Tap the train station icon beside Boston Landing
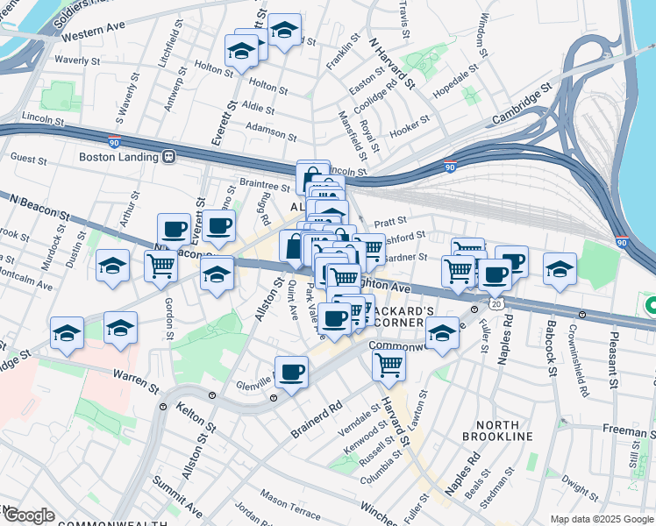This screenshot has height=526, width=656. pos(168,157)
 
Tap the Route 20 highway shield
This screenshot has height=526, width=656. pos(496,303)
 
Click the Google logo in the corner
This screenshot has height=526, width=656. pos(28,515)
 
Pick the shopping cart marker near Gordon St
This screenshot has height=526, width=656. pos(161,266)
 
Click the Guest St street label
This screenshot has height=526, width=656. pos(29,159)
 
